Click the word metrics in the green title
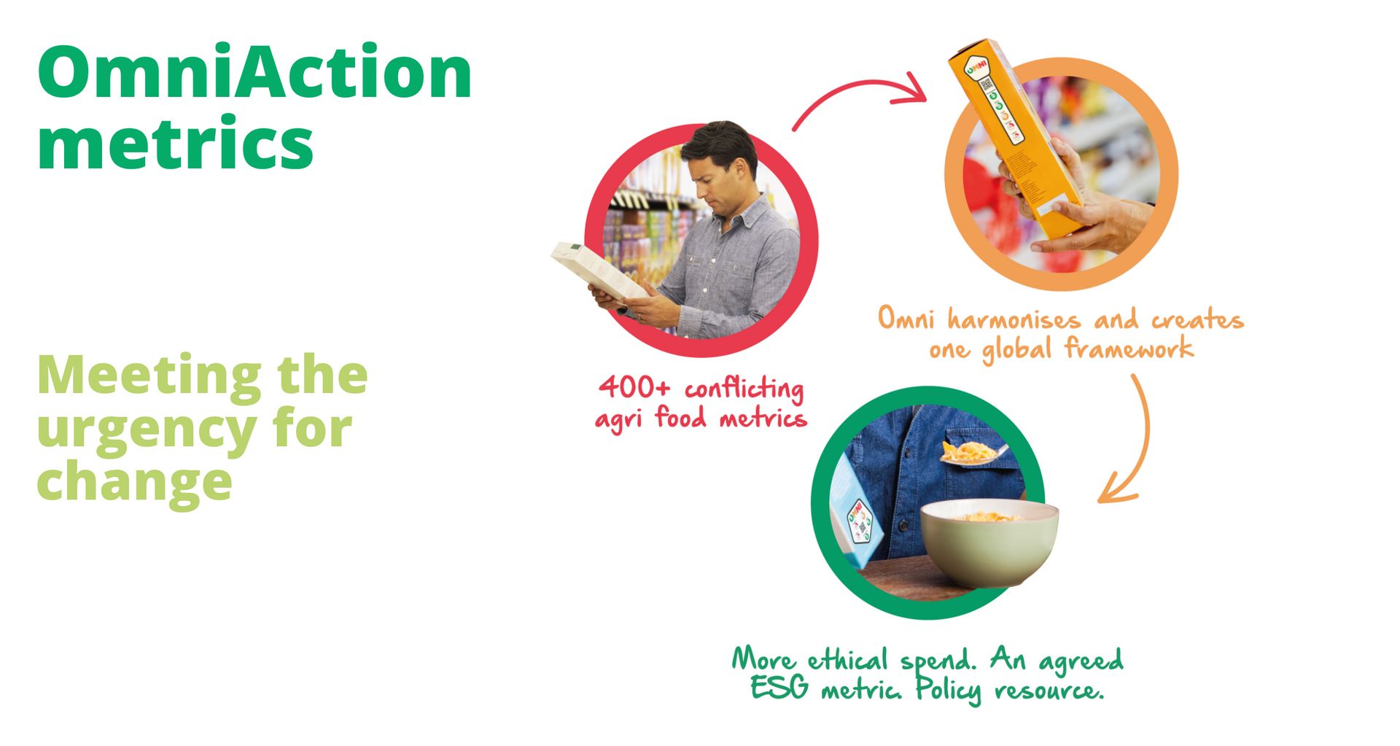click(175, 142)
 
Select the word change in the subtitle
click(134, 482)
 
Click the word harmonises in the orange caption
click(1014, 320)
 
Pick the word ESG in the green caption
click(779, 688)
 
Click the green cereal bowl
click(988, 543)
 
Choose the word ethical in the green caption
click(847, 661)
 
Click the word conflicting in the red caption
click(744, 389)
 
